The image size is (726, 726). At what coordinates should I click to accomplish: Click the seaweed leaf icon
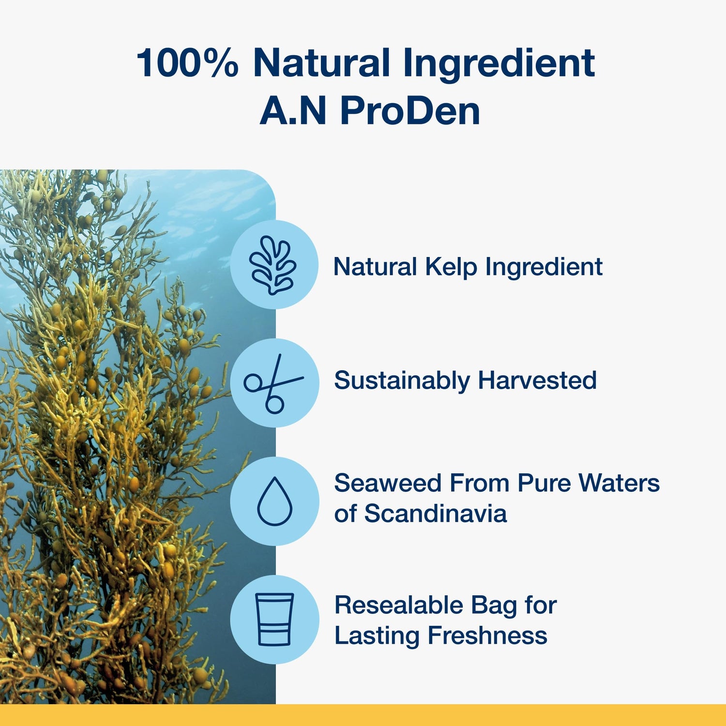click(x=273, y=265)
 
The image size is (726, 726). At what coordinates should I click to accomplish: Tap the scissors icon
click(x=274, y=383)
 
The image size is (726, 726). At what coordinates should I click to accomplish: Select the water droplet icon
click(x=274, y=501)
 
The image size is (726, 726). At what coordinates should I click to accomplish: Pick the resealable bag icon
click(x=274, y=620)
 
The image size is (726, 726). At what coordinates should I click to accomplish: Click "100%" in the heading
click(x=188, y=63)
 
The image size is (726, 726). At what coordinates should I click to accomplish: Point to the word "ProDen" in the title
click(x=410, y=111)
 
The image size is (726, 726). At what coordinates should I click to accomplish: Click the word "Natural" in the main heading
click(x=321, y=63)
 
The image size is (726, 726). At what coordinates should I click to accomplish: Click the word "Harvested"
click(x=537, y=380)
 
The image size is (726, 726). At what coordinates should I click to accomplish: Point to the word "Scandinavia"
click(x=436, y=513)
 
